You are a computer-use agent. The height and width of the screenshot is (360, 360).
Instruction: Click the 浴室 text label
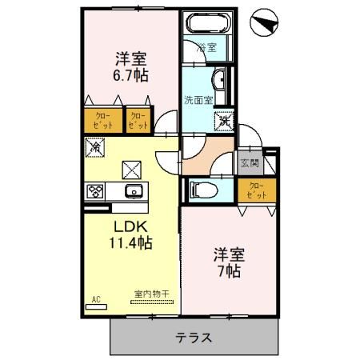click(206, 47)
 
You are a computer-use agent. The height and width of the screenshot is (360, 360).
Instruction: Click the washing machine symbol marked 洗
click(222, 121)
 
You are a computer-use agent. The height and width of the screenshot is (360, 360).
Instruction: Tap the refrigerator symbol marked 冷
click(94, 147)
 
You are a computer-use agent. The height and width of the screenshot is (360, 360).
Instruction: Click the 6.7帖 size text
click(130, 76)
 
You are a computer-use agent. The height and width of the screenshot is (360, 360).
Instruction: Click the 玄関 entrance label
click(249, 164)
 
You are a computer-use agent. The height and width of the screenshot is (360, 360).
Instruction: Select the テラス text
click(194, 337)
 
